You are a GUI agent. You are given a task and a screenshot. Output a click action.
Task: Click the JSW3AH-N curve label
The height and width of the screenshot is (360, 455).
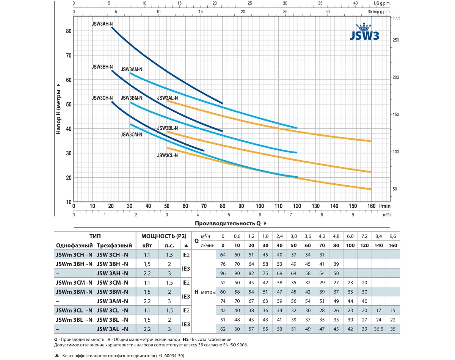click(102, 23)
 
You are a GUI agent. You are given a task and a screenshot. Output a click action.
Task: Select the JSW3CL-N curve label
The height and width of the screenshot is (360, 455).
click(167, 155)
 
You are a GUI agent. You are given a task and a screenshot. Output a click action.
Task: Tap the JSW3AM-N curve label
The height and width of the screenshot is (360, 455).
click(132, 70)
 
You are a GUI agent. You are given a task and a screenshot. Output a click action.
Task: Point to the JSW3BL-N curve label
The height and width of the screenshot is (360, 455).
click(167, 128)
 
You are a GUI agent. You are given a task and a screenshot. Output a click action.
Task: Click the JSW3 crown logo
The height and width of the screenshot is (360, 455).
click(364, 32)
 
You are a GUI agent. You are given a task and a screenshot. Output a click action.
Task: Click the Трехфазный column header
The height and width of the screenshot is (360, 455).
click(115, 245)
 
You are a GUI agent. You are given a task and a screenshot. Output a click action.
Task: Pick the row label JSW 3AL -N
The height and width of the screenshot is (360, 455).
click(113, 329)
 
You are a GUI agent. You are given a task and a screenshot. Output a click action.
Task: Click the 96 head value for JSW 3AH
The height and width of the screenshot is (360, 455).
click(223, 273)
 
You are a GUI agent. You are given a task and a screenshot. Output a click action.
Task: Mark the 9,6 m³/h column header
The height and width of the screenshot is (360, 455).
click(392, 236)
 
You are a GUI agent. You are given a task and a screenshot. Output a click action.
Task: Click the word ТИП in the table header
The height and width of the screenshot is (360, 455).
click(95, 236)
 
